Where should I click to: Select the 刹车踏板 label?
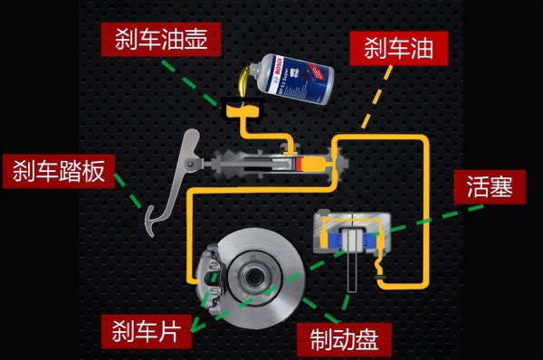(x=59, y=170)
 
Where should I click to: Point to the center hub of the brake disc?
(x=251, y=270)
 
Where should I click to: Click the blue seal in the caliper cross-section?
(x=337, y=239)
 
